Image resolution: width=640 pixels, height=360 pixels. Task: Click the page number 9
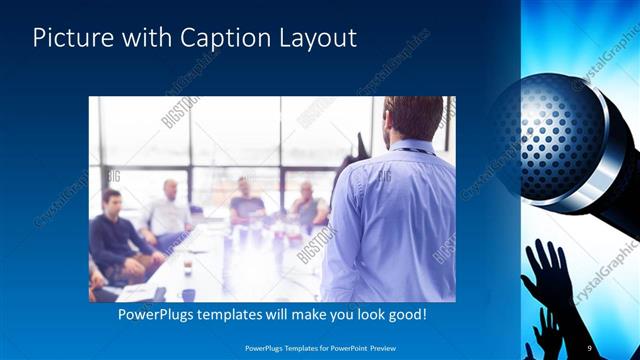point(590,347)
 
